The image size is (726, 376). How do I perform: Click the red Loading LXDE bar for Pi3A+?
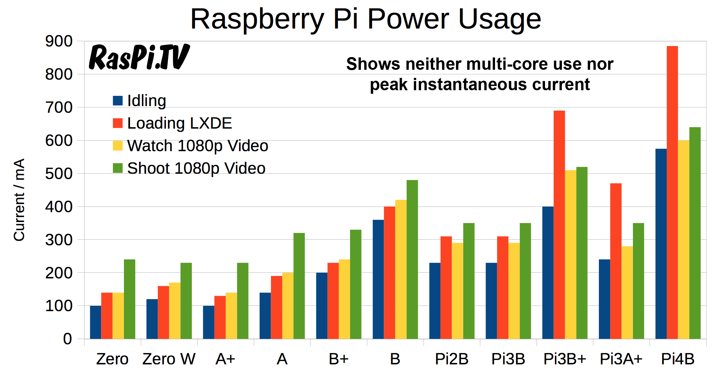pyautogui.click(x=616, y=261)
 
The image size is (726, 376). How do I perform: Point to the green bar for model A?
pyautogui.click(x=299, y=285)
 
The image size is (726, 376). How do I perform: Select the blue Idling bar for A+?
pyautogui.click(x=208, y=322)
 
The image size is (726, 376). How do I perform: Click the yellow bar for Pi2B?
pyautogui.click(x=457, y=291)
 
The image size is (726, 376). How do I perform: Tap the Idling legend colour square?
pyautogui.click(x=118, y=101)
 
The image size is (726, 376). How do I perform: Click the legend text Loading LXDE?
pyautogui.click(x=179, y=123)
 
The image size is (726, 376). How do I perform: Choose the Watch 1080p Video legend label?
pyautogui.click(x=198, y=146)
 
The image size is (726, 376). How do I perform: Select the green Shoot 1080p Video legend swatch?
pyautogui.click(x=118, y=168)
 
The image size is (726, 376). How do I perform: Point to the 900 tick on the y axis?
pyautogui.click(x=59, y=42)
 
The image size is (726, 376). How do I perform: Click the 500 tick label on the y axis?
pyautogui.click(x=59, y=174)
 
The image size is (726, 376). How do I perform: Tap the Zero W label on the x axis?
pyautogui.click(x=169, y=359)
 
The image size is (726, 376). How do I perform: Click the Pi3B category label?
pyautogui.click(x=508, y=359)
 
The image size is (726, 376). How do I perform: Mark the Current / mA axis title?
pyautogui.click(x=19, y=200)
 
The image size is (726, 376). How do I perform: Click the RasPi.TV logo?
pyautogui.click(x=139, y=57)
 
